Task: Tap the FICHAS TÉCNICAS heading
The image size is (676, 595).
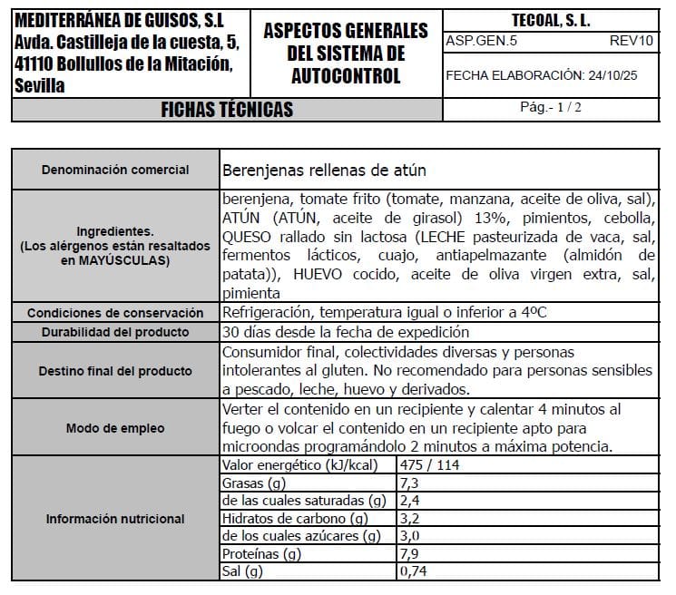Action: coord(227,110)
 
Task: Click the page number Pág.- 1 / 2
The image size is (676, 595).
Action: coord(551,107)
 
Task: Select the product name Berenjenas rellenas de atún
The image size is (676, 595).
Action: coord(324,171)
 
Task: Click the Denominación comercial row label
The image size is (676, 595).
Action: coord(115,170)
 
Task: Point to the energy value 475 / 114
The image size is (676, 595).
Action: coord(428,465)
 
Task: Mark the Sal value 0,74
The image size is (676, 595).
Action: coord(412,571)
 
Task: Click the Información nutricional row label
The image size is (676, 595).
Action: coord(115,519)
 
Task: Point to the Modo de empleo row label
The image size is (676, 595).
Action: coord(115,428)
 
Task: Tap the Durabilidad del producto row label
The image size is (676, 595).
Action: coord(115,332)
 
